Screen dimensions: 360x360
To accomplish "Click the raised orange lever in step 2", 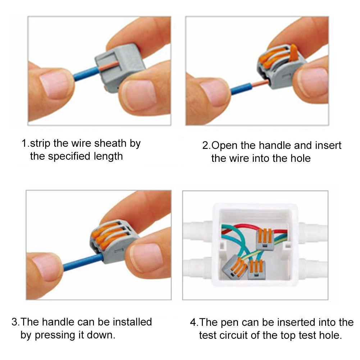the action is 293,53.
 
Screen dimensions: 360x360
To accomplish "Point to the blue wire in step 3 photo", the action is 83,261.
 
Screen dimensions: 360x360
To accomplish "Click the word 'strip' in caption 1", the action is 40,143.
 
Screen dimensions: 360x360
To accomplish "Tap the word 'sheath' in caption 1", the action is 110,143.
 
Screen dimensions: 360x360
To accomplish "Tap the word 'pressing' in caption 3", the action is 55,336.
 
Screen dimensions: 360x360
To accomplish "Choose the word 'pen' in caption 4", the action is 229,323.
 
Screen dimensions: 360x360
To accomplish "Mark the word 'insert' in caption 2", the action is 328,145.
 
